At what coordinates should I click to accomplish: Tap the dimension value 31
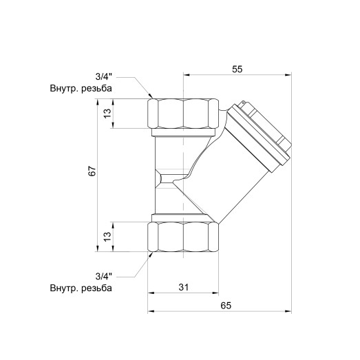(183, 286)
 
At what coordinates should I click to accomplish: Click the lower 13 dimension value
(107, 236)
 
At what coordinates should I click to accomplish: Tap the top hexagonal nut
(184, 114)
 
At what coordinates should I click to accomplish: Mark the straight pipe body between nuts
(169, 176)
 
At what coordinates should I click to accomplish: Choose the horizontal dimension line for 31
(165, 293)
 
